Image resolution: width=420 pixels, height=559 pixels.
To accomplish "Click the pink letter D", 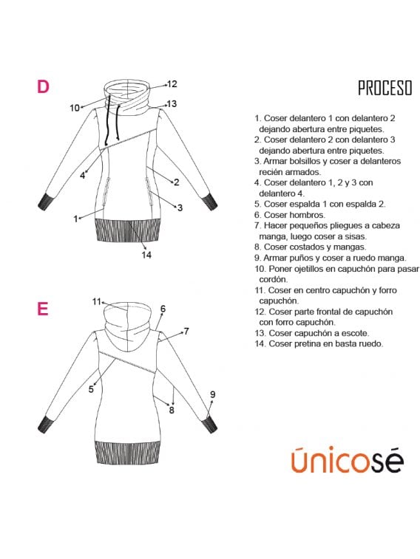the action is click(x=43, y=86).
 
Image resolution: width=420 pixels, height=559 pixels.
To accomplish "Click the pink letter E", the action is click(x=42, y=309).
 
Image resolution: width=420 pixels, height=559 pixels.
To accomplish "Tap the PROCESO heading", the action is click(x=385, y=88).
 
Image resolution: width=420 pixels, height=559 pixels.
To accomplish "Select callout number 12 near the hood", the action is click(x=172, y=84).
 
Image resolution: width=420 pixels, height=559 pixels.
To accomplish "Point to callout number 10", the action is click(x=75, y=108).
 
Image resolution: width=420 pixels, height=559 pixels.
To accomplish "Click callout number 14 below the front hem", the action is click(x=146, y=255).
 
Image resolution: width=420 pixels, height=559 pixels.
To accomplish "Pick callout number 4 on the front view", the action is click(x=82, y=176).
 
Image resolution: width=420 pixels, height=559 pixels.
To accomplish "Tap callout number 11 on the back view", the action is click(x=97, y=301).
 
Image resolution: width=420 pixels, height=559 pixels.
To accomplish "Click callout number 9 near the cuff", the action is click(x=213, y=394).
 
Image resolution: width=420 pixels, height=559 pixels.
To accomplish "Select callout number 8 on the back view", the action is click(x=172, y=410).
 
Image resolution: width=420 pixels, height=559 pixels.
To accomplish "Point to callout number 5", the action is click(x=91, y=389).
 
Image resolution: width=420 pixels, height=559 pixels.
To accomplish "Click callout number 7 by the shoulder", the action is click(x=186, y=332).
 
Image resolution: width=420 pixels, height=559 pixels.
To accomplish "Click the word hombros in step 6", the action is click(x=307, y=215).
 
